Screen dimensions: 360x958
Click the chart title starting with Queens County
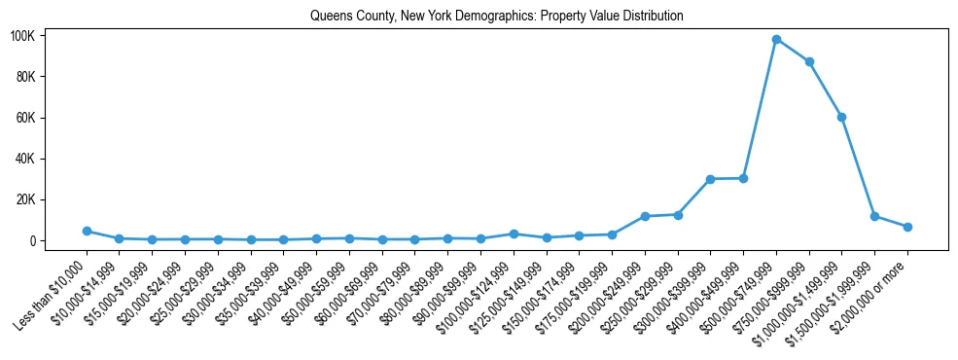point(496,17)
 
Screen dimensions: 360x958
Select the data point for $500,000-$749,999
point(776,39)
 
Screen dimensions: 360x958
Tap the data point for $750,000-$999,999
point(809,61)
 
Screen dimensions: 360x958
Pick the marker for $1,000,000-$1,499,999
point(841,117)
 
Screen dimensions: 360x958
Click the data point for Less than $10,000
point(87,231)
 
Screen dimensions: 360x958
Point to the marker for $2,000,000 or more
point(907,227)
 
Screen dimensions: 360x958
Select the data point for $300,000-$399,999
point(710,179)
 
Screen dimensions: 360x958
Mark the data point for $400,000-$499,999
point(743,178)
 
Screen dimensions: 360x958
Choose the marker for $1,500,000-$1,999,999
point(874,216)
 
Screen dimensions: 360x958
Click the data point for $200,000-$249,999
point(645,216)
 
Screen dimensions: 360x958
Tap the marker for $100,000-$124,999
point(514,234)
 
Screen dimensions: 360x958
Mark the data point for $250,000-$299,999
point(678,214)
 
